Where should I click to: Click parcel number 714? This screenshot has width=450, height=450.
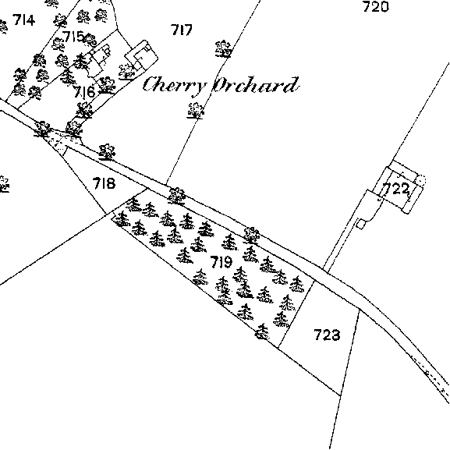pos(24,20)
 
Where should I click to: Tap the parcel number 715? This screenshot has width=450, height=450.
pos(73,37)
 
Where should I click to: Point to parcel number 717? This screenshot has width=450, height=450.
pos(182,30)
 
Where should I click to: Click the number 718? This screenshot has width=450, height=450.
pos(104,183)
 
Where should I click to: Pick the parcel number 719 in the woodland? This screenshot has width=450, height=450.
pos(221,262)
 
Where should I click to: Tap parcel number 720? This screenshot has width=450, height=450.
pos(376,7)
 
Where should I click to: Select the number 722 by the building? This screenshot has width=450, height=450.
pos(396,190)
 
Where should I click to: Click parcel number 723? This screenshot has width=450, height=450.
pos(328,335)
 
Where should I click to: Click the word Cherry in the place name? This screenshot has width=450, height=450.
pos(175,85)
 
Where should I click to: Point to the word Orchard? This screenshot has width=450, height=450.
pos(256,85)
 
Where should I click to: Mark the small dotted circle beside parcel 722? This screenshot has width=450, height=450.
pos(421,180)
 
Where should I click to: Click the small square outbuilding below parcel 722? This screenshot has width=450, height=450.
pos(361,224)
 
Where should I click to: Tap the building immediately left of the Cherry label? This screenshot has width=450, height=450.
pos(141,55)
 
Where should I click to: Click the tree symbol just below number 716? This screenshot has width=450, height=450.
pos(84,110)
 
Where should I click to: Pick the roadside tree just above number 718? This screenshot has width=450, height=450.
pos(107,152)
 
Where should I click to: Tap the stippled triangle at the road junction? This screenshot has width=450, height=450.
pos(58,142)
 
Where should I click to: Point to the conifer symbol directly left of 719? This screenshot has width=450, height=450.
pos(185,256)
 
